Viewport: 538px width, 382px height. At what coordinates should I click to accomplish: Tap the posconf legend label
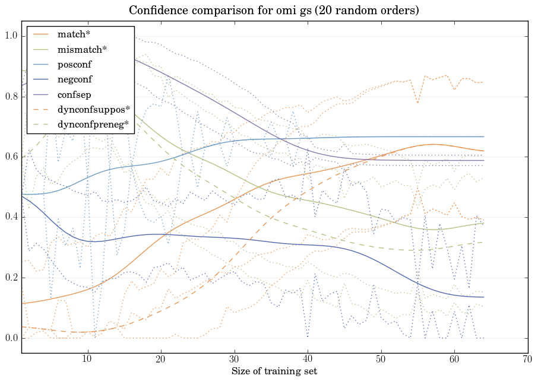[74, 64]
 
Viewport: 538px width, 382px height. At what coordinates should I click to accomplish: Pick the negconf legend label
[74, 79]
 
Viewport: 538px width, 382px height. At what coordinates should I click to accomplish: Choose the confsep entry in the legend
[74, 94]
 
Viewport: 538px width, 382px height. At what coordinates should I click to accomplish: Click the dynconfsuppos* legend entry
[93, 109]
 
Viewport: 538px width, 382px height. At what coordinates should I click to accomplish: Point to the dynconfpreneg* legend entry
[93, 124]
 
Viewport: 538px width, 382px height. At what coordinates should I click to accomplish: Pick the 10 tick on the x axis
[87, 359]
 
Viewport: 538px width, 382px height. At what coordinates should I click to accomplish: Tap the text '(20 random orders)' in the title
[366, 11]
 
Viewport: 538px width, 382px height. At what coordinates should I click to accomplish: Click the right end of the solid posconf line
[484, 136]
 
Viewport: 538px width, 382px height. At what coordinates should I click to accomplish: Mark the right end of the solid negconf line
[484, 297]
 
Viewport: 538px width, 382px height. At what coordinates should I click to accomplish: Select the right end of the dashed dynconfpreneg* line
[484, 242]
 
